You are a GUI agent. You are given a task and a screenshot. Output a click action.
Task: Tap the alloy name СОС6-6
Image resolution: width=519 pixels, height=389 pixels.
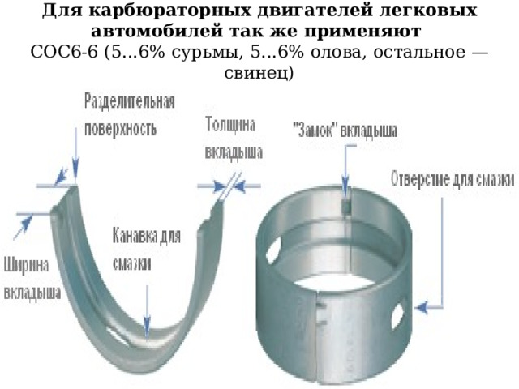point(64,52)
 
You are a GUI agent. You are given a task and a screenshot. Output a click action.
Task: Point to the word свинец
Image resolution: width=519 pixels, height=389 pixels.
point(254,73)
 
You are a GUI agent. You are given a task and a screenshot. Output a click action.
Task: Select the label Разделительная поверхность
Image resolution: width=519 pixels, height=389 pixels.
point(130,115)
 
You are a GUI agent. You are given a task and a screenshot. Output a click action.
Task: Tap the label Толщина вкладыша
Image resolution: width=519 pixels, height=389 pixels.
point(234,139)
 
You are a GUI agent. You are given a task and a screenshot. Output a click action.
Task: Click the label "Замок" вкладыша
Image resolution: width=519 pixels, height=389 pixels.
point(345,130)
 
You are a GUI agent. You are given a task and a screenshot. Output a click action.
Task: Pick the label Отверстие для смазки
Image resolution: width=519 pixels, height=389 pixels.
point(453,180)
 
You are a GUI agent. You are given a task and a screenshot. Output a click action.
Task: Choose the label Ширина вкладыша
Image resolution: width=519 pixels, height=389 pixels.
point(32,279)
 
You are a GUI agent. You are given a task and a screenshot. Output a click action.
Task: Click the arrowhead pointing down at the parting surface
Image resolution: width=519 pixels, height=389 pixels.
point(75,171)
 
